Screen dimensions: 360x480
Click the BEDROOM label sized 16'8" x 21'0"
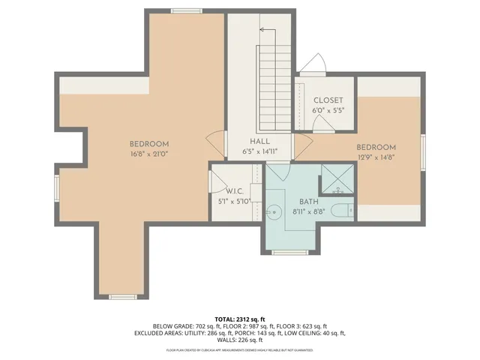coord(148,144)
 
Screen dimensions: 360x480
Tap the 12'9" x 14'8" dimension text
coord(376,157)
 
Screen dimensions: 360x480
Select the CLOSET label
coord(328,100)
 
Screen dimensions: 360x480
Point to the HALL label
coord(259,141)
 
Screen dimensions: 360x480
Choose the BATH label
coord(309,202)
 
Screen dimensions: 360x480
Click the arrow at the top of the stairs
coord(262,30)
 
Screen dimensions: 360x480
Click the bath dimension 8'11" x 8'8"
coord(309,212)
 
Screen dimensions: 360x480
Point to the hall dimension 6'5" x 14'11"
coord(259,151)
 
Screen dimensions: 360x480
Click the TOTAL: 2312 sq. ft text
coord(239,318)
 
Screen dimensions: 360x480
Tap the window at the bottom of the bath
coord(290,252)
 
